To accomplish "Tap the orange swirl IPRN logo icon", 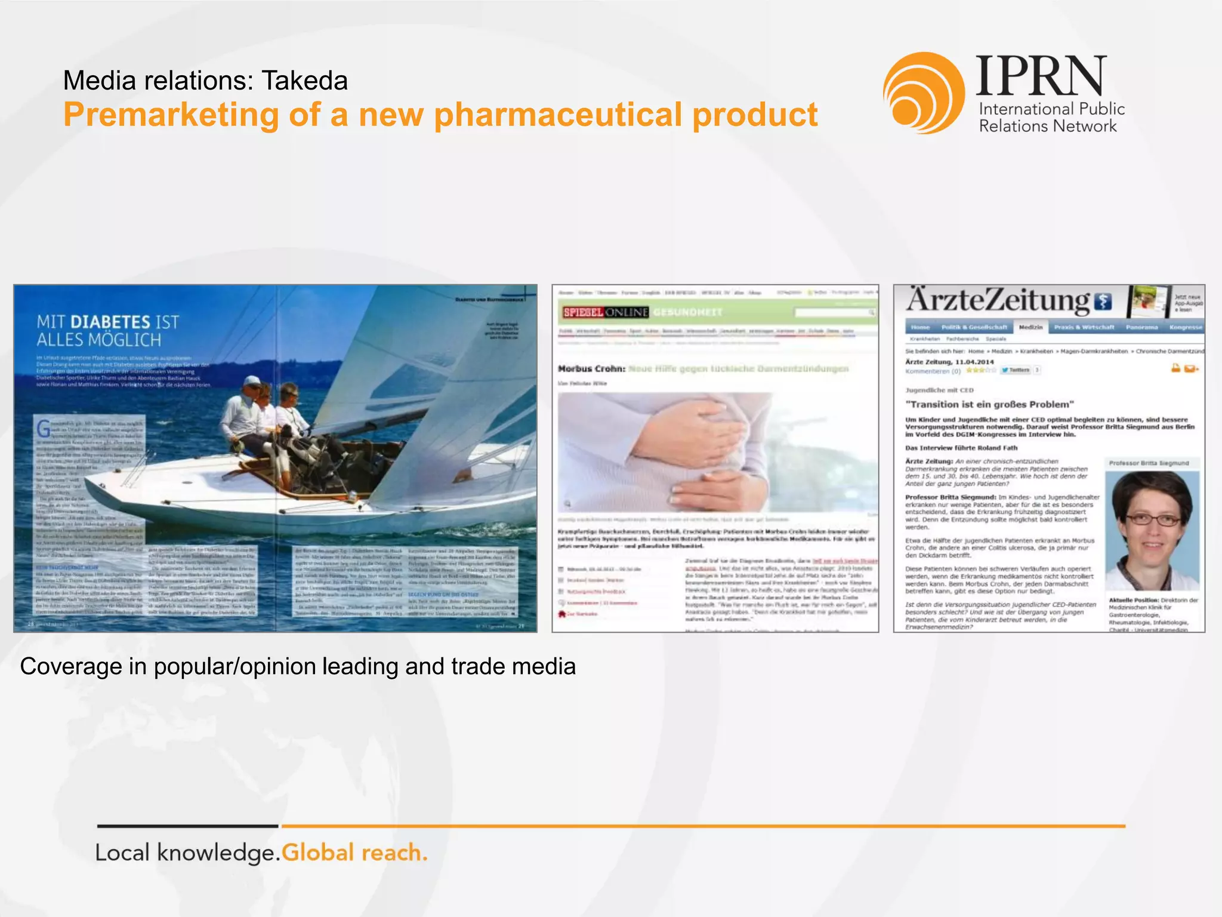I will tap(923, 93).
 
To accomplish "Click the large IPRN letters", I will tap(1041, 76).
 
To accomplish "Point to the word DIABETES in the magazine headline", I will tap(110, 322).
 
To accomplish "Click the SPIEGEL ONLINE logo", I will tap(605, 312).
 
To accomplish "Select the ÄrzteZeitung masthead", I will tap(998, 300).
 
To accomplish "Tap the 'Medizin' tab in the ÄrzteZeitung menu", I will tap(1030, 327).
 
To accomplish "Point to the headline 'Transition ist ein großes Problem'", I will tap(989, 404).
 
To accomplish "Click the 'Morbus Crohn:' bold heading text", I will tap(591, 369).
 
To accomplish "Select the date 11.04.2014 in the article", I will tap(974, 362).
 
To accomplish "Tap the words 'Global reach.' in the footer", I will tap(354, 853).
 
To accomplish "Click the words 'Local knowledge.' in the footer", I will tap(187, 853).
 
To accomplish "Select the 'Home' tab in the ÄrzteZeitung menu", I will tap(920, 327).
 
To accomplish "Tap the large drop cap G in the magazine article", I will tap(44, 429).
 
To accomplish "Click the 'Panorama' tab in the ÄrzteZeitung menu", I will tap(1141, 327).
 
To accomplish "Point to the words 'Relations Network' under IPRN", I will tap(1047, 126).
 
